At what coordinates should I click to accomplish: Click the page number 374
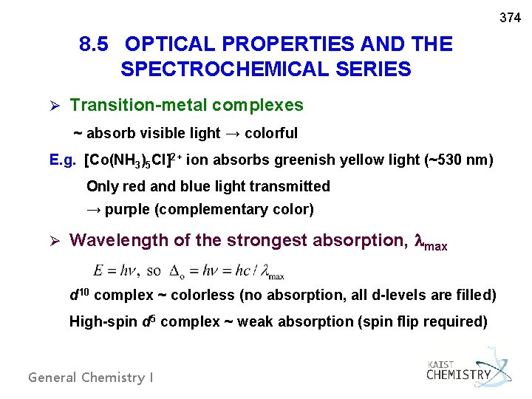(x=511, y=17)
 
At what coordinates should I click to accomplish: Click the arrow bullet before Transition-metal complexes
(x=53, y=106)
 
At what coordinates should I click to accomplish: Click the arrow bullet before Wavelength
(x=53, y=240)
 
